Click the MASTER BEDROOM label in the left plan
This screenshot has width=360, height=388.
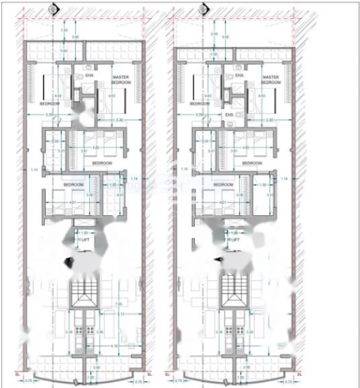click(x=120, y=79)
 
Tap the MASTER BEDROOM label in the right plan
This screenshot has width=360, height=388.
click(x=271, y=79)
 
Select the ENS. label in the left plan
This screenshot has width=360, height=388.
click(x=89, y=75)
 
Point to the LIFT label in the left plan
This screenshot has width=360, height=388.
click(x=85, y=239)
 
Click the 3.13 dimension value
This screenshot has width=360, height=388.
click(x=120, y=314)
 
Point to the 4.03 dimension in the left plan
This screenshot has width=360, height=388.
click(x=95, y=147)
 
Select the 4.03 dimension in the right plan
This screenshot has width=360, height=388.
click(x=246, y=147)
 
